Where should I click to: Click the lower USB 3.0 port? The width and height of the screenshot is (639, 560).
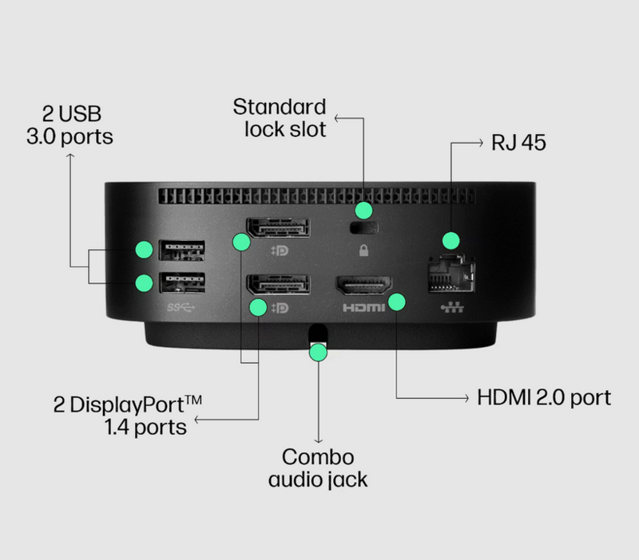point(182,283)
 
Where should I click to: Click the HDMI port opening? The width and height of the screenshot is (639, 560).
point(363,286)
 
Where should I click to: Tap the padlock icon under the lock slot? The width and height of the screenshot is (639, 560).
point(364,252)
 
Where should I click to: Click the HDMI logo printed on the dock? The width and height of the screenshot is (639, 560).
point(363,307)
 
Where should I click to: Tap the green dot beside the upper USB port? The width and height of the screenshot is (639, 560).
point(144,250)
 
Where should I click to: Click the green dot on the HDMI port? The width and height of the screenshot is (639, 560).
point(396,302)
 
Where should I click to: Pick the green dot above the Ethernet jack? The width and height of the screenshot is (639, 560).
point(451,239)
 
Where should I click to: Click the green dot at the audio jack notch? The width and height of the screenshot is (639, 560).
point(318,351)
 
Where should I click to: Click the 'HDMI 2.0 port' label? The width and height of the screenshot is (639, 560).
point(543,396)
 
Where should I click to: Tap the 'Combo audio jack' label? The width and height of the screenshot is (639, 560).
point(318,468)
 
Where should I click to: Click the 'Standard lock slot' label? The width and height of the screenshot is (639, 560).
point(280,117)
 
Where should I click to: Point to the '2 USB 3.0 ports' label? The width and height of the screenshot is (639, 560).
point(69,124)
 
